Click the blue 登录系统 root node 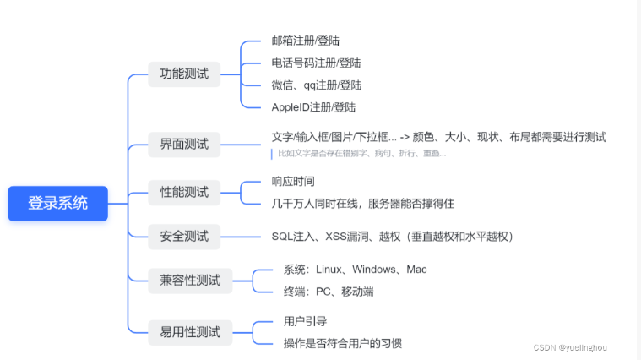(x=58, y=203)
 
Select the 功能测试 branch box (x=184, y=73)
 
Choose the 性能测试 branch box (x=184, y=192)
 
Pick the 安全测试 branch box (x=184, y=236)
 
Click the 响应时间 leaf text (x=293, y=181)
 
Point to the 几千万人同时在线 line (x=363, y=203)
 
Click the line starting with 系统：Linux (x=356, y=270)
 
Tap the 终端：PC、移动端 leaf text (x=329, y=292)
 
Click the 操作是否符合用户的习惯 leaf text (x=343, y=343)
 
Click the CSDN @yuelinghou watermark (x=570, y=347)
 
